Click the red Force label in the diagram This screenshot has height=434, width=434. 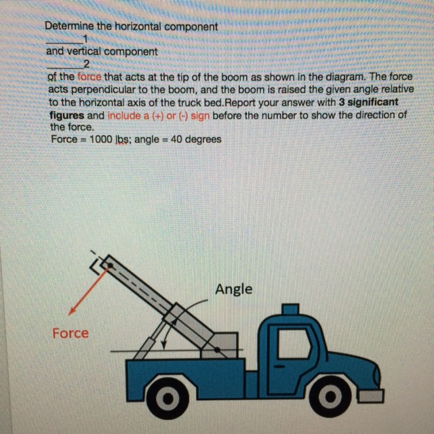(71, 333)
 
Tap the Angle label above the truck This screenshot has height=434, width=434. (233, 289)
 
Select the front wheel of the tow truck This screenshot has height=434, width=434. (332, 395)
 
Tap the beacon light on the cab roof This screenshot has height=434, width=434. (290, 311)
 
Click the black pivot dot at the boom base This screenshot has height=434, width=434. (217, 351)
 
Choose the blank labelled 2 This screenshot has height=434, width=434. (66, 64)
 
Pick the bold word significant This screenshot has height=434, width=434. (372, 102)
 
